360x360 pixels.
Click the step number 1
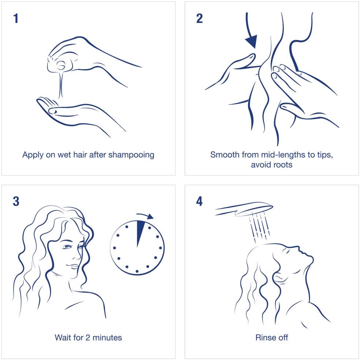click(x=16, y=18)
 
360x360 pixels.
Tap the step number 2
click(x=199, y=18)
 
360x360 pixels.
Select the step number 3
click(x=16, y=201)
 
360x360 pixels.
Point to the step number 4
click(x=199, y=201)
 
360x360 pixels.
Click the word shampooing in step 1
click(x=131, y=155)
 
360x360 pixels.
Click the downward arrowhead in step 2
click(x=252, y=41)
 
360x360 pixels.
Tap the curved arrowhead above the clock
click(x=150, y=217)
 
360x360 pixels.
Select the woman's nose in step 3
click(x=76, y=255)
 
